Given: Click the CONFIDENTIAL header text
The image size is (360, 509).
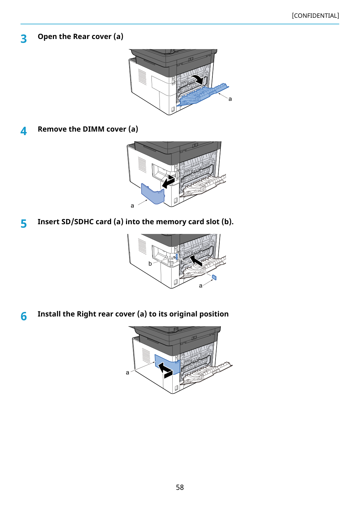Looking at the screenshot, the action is [x=315, y=16].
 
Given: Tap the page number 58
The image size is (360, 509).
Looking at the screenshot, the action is [x=180, y=487].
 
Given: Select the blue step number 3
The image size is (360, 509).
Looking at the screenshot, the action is [x=24, y=39].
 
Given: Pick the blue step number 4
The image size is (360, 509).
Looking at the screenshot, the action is [x=24, y=131].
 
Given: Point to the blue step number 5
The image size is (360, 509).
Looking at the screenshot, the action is [x=24, y=224].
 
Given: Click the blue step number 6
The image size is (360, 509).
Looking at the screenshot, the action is [x=24, y=316].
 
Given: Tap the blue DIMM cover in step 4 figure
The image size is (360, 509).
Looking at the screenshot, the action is [x=153, y=194].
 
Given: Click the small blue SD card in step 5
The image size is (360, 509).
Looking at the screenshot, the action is [x=214, y=277].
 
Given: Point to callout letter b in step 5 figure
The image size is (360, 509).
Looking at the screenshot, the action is [x=150, y=264].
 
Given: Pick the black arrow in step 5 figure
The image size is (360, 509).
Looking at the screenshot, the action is [x=196, y=260].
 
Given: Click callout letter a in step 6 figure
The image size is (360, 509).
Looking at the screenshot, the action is [x=127, y=373].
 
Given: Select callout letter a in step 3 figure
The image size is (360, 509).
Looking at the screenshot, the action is [x=230, y=99].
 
